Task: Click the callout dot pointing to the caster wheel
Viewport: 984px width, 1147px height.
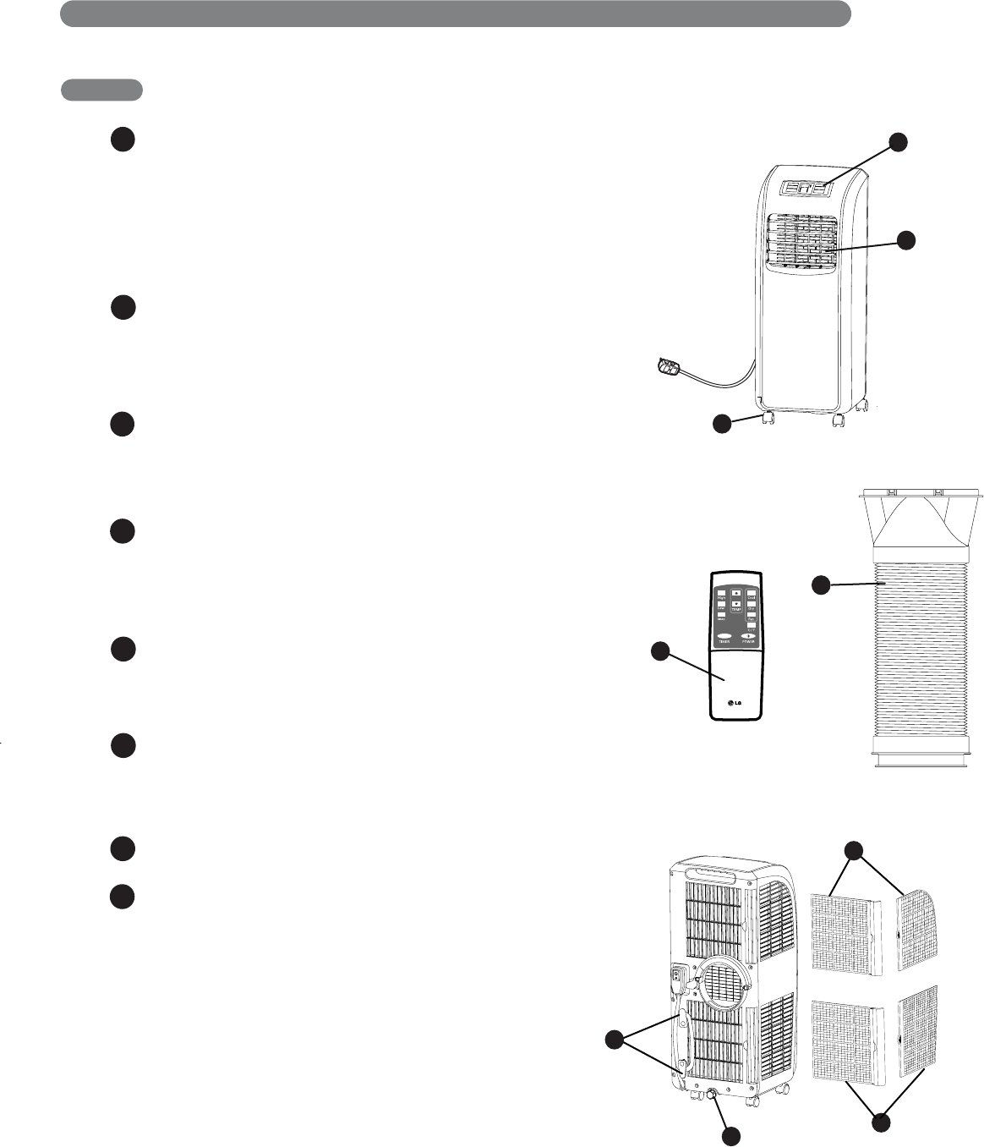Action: pos(721,423)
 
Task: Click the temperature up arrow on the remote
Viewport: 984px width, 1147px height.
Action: pos(736,593)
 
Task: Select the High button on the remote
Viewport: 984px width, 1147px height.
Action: pos(722,594)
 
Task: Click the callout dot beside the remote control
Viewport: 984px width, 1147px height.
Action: pos(660,651)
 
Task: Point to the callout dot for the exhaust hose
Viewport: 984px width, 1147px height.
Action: pos(821,584)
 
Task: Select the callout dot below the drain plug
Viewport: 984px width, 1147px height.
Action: pos(731,1136)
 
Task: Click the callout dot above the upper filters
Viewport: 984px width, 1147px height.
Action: pos(855,850)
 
